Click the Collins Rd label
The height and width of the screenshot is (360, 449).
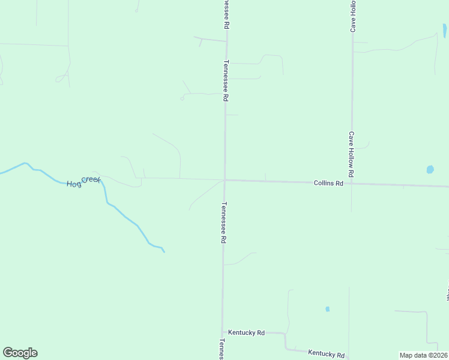pyautogui.click(x=328, y=183)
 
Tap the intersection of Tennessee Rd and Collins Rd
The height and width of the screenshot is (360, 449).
pyautogui.click(x=224, y=179)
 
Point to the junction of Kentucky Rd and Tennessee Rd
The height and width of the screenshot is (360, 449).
pyautogui.click(x=223, y=332)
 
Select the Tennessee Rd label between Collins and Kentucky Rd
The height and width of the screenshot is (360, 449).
pyautogui.click(x=223, y=221)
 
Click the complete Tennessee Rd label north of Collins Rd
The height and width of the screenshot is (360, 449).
pyautogui.click(x=226, y=80)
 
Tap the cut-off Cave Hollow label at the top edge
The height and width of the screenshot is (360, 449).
pyautogui.click(x=354, y=16)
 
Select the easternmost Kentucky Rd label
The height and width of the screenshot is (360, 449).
pyautogui.click(x=326, y=354)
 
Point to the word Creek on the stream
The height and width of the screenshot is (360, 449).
pyautogui.click(x=91, y=179)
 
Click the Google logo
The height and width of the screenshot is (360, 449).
pyautogui.click(x=20, y=353)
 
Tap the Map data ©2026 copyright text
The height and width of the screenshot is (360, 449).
pyautogui.click(x=423, y=355)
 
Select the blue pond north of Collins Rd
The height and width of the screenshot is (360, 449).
pyautogui.click(x=430, y=169)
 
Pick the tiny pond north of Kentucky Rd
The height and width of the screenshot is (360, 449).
pyautogui.click(x=327, y=309)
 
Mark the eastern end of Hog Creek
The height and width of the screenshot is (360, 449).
pyautogui.click(x=163, y=251)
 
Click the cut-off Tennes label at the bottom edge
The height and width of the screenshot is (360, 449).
pyautogui.click(x=221, y=349)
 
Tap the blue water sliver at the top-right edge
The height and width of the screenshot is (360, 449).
pyautogui.click(x=444, y=30)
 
